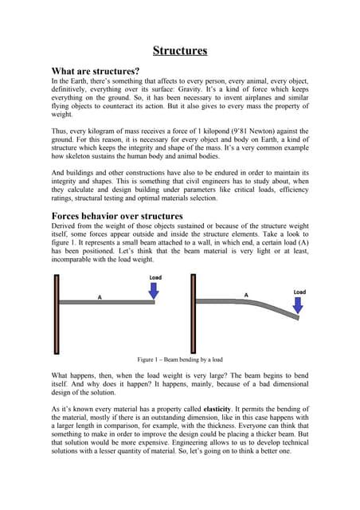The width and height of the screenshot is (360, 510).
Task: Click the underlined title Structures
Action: [180, 51]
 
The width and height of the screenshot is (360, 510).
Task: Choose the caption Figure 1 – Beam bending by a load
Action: [179, 359]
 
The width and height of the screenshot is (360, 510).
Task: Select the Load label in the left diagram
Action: [155, 278]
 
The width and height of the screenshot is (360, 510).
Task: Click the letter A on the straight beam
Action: [100, 296]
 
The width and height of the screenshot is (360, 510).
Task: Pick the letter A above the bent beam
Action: [246, 296]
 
